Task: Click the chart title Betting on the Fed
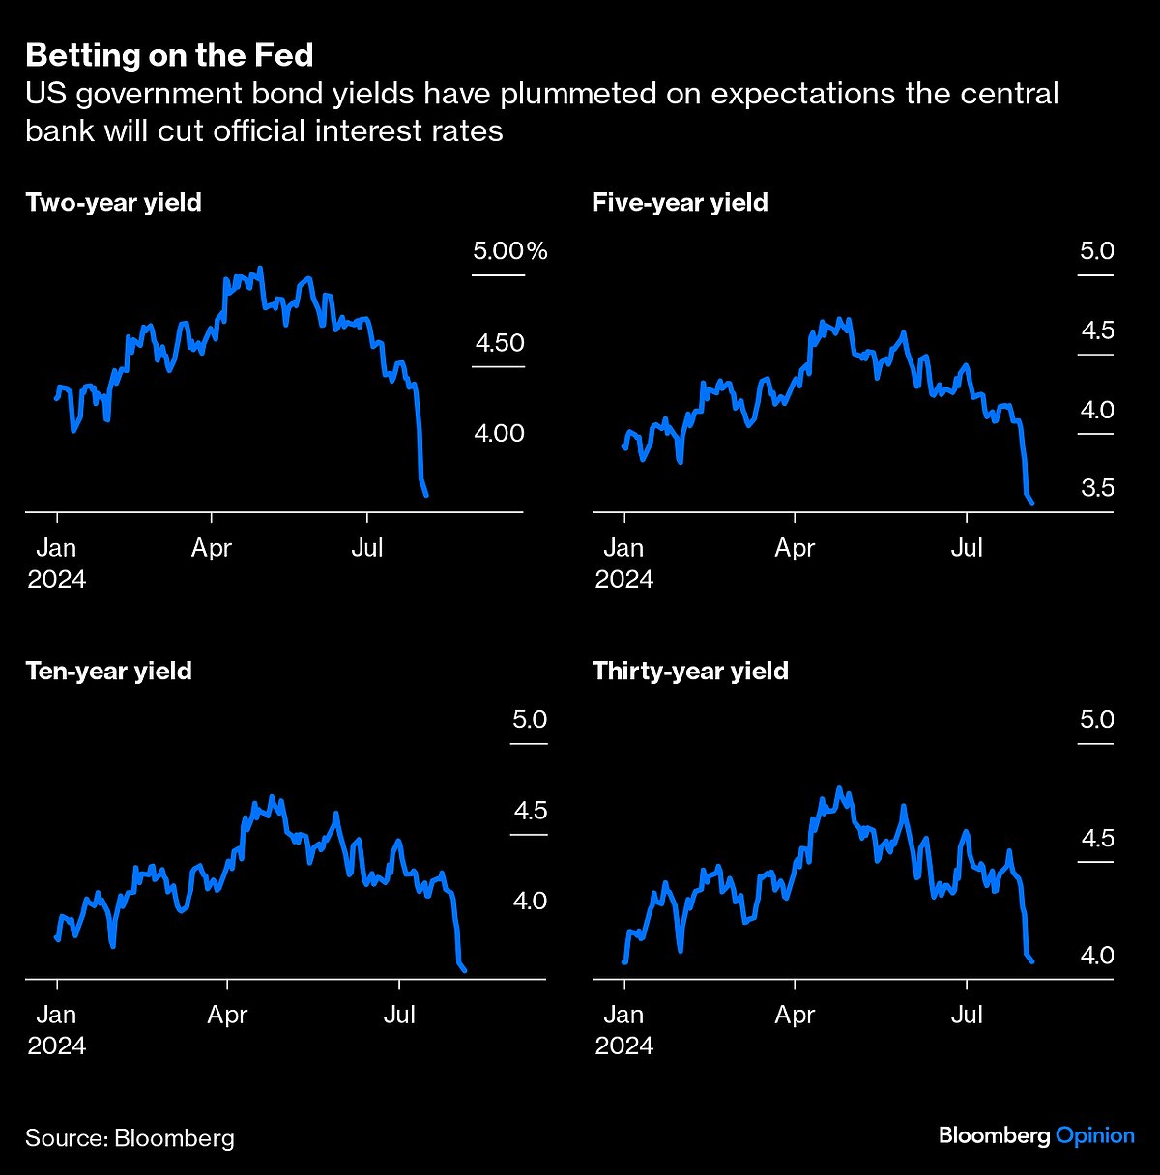pyautogui.click(x=169, y=55)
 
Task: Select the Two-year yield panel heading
pyautogui.click(x=113, y=203)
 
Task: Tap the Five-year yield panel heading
pyautogui.click(x=680, y=203)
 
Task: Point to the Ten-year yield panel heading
pyautogui.click(x=108, y=672)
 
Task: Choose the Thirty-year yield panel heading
pyautogui.click(x=690, y=672)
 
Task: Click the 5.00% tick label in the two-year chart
pyautogui.click(x=509, y=252)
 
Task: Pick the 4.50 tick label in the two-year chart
pyautogui.click(x=499, y=343)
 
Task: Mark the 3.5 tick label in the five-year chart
pyautogui.click(x=1097, y=488)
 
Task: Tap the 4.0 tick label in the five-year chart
pyautogui.click(x=1097, y=410)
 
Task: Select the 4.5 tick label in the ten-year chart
pyautogui.click(x=530, y=811)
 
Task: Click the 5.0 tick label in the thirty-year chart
pyautogui.click(x=1097, y=720)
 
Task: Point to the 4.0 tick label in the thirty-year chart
pyautogui.click(x=1097, y=956)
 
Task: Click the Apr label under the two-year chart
pyautogui.click(x=212, y=548)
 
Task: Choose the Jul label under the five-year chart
pyautogui.click(x=967, y=548)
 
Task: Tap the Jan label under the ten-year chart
pyautogui.click(x=56, y=1015)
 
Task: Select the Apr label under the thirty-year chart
pyautogui.click(x=795, y=1015)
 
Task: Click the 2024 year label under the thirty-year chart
pyautogui.click(x=623, y=1046)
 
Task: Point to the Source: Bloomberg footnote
pyautogui.click(x=130, y=1137)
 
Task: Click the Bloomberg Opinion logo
pyautogui.click(x=1036, y=1135)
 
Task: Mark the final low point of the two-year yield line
pyautogui.click(x=426, y=496)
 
